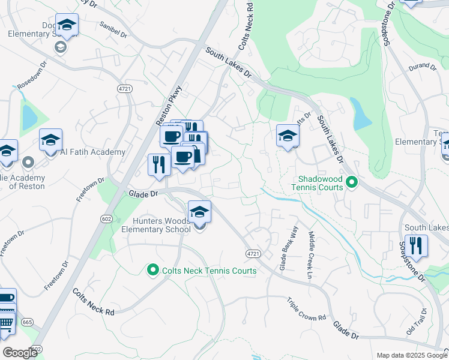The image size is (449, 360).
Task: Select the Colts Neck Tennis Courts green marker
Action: click(x=153, y=271)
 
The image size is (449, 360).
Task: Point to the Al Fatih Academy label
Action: click(x=92, y=152)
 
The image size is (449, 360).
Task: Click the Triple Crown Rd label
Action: click(x=306, y=310)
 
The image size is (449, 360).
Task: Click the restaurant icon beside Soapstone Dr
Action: click(x=415, y=246)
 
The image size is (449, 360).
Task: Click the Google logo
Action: click(x=20, y=353)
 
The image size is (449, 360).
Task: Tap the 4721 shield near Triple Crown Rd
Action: click(x=253, y=254)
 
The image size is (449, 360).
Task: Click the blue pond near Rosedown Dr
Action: click(x=29, y=118)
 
